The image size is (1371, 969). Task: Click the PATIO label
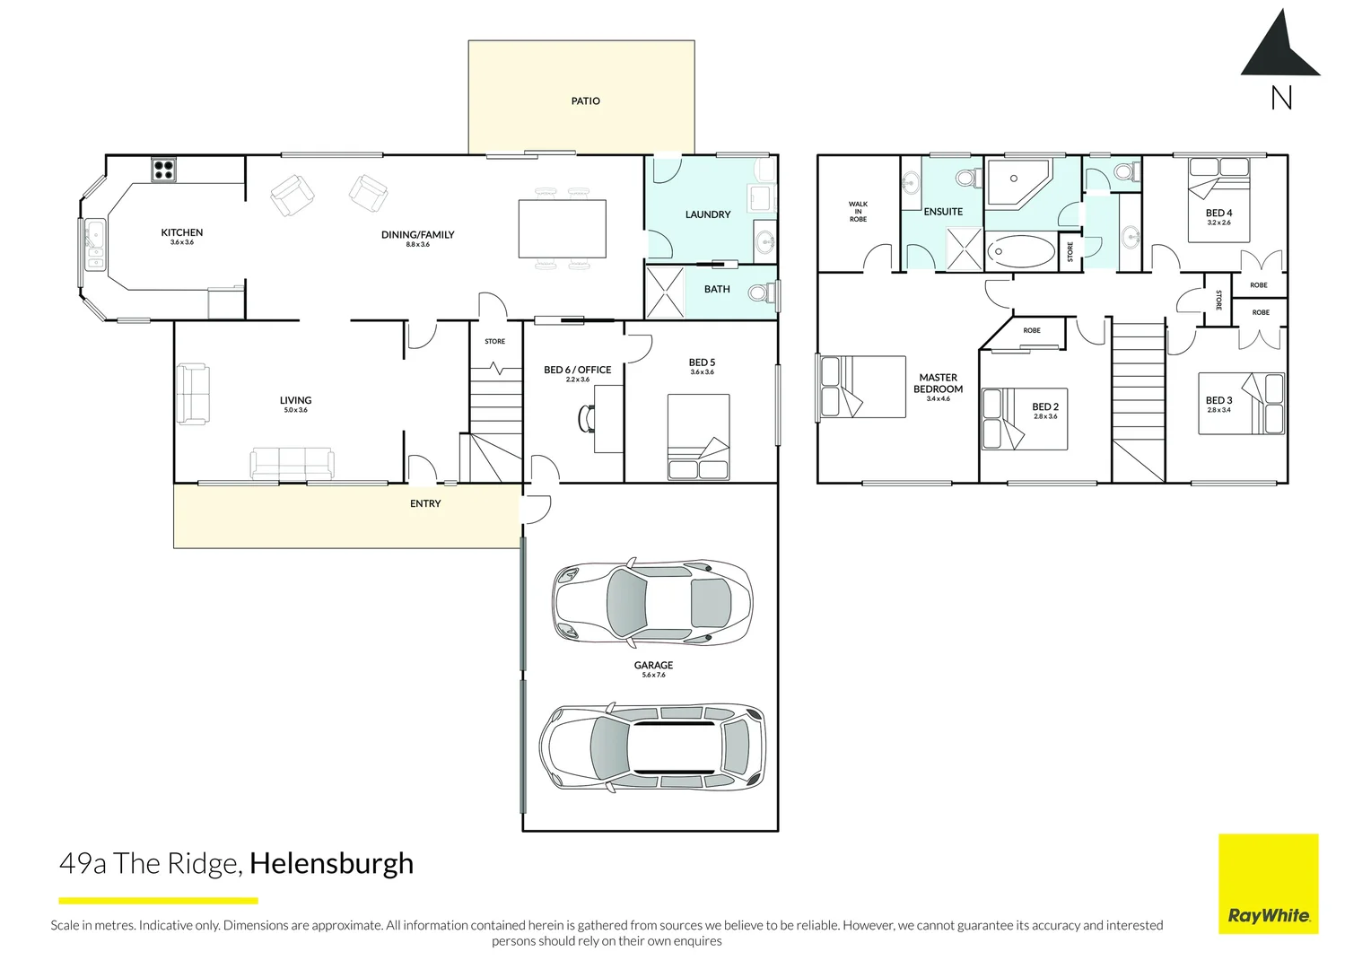point(585,101)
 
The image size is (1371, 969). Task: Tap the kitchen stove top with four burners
point(163,170)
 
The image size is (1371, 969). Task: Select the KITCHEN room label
point(182,232)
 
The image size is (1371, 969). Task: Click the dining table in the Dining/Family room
point(562,229)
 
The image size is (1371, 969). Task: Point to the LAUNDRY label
point(707,214)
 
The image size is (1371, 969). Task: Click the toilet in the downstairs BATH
point(761,292)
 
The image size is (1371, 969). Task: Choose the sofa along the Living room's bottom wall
point(293,463)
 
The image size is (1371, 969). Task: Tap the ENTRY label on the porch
point(425,504)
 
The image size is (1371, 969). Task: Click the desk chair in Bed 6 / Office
point(588,418)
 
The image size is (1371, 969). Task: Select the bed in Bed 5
point(698,437)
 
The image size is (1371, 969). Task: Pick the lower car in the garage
point(652,746)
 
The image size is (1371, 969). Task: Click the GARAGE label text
point(653,666)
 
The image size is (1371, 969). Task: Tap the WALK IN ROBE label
point(858,212)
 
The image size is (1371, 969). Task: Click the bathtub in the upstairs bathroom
point(1022,252)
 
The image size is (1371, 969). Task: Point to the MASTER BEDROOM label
point(938,383)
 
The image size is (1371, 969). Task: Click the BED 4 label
point(1218,214)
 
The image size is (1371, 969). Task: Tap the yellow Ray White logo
point(1268,884)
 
